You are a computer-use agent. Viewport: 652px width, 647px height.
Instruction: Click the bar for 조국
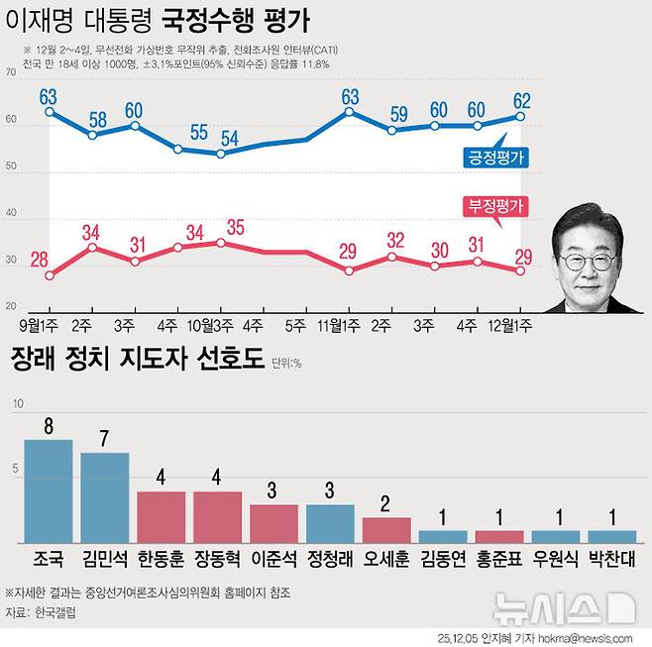click(49, 491)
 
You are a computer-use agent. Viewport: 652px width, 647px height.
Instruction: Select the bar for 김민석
click(105, 497)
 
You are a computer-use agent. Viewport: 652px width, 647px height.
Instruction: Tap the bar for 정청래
click(330, 523)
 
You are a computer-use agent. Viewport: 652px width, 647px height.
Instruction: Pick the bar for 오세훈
click(386, 529)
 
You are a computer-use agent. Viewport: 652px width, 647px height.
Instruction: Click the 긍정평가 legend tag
click(495, 157)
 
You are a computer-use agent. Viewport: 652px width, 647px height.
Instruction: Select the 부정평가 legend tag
click(494, 206)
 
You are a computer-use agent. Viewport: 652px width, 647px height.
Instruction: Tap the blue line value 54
click(229, 138)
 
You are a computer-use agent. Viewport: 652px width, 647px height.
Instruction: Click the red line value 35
click(235, 227)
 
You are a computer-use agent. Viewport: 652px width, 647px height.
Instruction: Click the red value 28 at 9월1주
click(41, 260)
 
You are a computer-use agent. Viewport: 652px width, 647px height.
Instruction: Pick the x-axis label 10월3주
click(211, 323)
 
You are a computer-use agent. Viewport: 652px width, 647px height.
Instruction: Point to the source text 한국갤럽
click(54, 614)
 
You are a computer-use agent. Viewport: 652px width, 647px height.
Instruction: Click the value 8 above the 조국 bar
click(49, 424)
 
